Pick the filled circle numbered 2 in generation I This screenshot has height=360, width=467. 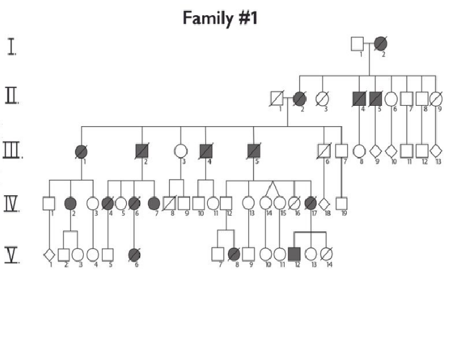click(x=380, y=44)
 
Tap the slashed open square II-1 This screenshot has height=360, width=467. click(x=277, y=98)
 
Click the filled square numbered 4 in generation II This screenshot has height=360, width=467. click(x=360, y=98)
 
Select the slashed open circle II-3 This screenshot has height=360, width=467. click(x=322, y=98)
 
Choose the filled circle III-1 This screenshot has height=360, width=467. click(x=81, y=151)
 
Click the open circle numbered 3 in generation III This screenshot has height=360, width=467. click(x=181, y=151)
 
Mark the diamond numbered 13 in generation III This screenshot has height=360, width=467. click(x=436, y=151)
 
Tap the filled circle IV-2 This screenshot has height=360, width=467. click(x=70, y=203)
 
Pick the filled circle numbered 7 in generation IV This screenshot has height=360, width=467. click(x=153, y=203)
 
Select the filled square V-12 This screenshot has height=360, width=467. click(x=294, y=254)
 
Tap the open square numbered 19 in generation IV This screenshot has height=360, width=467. click(x=342, y=203)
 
